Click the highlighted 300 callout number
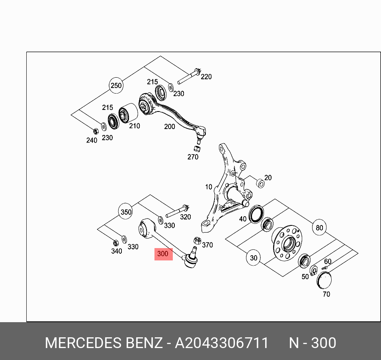[163, 254]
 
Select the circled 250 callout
[116, 86]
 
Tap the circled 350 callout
[126, 212]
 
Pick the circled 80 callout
[319, 227]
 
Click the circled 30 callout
[254, 258]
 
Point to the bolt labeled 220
[189, 76]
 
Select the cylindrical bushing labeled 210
[128, 113]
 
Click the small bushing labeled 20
[260, 184]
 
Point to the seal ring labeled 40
[256, 214]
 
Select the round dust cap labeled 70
[324, 280]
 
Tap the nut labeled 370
[197, 241]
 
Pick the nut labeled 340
[116, 243]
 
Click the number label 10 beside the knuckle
[209, 187]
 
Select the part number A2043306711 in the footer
[222, 343]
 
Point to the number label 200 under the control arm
[169, 126]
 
